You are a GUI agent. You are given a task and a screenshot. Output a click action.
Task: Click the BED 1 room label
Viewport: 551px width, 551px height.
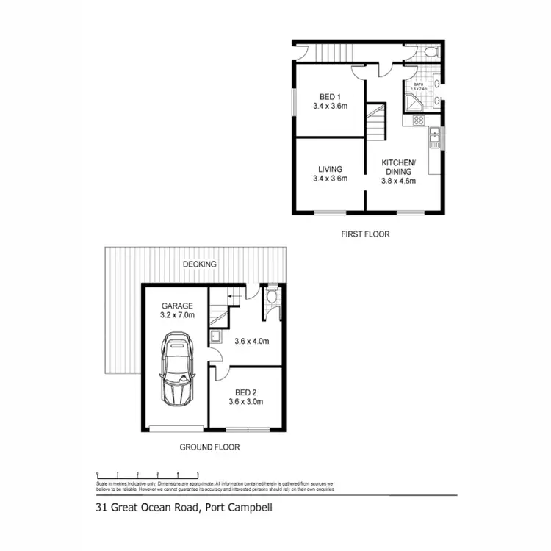(x=329, y=96)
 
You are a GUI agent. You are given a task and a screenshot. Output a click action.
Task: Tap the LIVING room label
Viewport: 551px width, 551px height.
(x=329, y=168)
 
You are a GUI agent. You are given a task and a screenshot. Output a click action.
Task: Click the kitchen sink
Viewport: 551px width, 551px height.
(x=435, y=134)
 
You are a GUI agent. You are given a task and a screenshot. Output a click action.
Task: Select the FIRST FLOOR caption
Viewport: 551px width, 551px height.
(x=365, y=234)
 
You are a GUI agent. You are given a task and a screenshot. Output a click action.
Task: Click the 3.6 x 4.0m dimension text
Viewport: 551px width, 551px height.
(x=252, y=341)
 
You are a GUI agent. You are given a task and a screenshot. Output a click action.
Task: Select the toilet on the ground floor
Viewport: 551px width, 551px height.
(x=271, y=298)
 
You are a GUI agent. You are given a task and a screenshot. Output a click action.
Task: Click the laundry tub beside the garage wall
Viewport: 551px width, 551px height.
(x=216, y=337)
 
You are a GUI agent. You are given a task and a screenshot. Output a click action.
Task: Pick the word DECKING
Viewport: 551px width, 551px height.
(x=200, y=264)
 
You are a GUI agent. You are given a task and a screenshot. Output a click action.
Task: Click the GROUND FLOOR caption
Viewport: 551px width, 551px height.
(x=209, y=447)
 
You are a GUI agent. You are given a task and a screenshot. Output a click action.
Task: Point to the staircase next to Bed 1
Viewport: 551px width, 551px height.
(x=376, y=121)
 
